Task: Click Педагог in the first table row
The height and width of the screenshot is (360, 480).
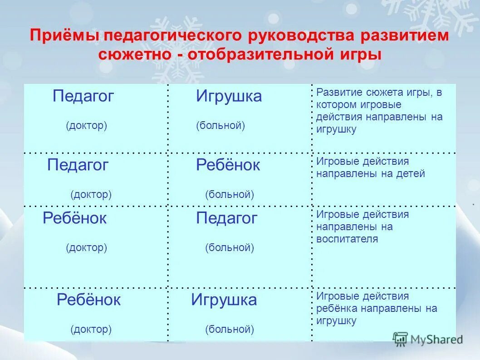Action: (x=83, y=96)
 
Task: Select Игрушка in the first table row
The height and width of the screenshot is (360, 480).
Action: (x=229, y=96)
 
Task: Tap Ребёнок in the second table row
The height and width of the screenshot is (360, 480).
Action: (x=228, y=165)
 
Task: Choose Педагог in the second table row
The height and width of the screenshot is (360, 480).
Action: (x=78, y=165)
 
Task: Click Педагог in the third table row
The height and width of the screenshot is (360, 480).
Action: (x=226, y=218)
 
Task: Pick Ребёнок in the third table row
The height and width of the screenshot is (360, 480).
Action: (x=74, y=218)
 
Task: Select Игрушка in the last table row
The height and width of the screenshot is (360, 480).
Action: (x=224, y=300)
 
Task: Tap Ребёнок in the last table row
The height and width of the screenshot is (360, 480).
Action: (x=88, y=300)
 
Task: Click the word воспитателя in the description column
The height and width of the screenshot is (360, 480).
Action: (x=347, y=239)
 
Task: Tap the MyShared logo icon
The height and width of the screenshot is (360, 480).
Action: (x=400, y=339)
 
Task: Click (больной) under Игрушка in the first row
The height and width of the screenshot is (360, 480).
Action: (x=220, y=126)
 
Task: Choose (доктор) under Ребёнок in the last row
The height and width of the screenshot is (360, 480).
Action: (x=91, y=329)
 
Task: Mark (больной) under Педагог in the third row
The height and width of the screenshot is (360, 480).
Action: (x=229, y=248)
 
